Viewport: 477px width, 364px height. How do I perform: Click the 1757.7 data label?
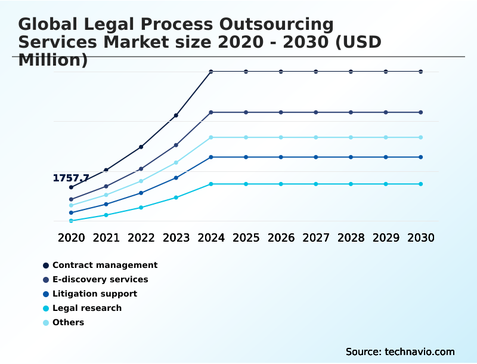tap(71, 178)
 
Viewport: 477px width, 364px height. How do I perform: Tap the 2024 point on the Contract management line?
tap(211, 72)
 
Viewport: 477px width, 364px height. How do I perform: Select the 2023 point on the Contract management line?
tap(176, 115)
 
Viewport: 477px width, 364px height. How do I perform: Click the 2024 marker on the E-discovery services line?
tap(211, 112)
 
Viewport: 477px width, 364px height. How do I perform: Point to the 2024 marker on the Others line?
tap(211, 137)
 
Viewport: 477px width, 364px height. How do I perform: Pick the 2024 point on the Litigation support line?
tap(211, 157)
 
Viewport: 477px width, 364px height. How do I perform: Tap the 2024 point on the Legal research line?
tap(211, 184)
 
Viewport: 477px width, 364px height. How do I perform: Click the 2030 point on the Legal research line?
tap(421, 184)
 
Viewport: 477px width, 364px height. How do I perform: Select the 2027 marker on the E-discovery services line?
tap(316, 112)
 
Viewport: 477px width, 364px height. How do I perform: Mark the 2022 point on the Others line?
tap(141, 181)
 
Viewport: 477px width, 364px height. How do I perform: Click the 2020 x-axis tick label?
tap(71, 237)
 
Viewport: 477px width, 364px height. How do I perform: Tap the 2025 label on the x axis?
tap(246, 237)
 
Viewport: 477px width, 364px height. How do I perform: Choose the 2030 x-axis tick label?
tap(421, 237)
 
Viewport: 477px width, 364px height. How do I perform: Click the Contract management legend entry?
tap(105, 265)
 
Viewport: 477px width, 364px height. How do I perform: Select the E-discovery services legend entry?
tap(100, 279)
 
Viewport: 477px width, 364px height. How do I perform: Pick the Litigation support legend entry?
tap(95, 294)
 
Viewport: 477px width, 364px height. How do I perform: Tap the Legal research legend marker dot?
tap(46, 309)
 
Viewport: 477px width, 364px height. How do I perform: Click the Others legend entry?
tap(68, 322)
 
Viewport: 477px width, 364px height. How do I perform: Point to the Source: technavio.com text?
tap(400, 351)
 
